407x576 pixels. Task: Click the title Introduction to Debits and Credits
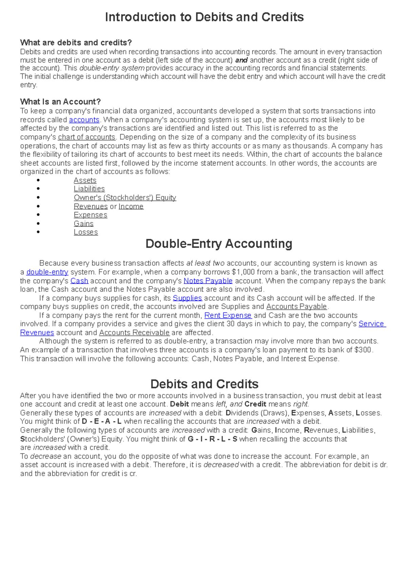point(204,17)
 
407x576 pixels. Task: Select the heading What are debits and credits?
point(76,42)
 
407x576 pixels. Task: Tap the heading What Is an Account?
point(60,102)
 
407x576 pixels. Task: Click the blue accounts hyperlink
point(84,120)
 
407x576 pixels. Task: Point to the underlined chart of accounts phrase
point(87,137)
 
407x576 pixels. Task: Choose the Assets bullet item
point(85,180)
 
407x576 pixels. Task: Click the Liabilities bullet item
point(89,189)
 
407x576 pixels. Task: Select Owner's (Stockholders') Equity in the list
point(125,198)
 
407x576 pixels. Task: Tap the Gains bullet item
point(84,224)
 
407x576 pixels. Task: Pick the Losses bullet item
point(86,232)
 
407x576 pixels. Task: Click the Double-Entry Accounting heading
point(219,244)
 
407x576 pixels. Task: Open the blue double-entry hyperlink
point(47,272)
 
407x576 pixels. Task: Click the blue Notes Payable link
point(208,281)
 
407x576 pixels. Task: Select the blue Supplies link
point(187,298)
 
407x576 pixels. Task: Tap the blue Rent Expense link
point(228,315)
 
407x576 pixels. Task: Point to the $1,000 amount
point(243,272)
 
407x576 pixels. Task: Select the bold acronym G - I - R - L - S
point(212,439)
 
